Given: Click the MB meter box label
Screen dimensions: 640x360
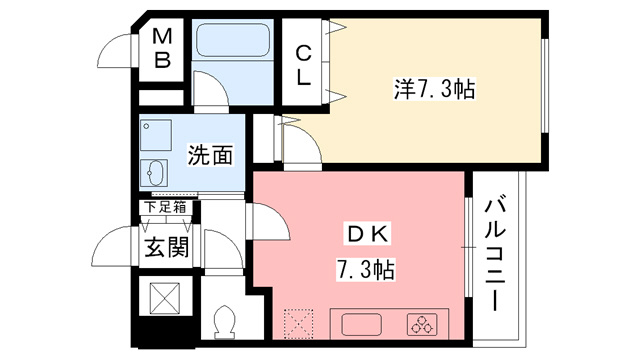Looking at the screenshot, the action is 162,49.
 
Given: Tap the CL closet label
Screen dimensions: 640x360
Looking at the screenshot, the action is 303,65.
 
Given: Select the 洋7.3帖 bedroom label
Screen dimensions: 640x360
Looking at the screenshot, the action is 434,89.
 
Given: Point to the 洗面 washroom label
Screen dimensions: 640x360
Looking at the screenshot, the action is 210,155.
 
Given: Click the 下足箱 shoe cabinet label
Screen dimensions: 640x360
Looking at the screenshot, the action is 166,207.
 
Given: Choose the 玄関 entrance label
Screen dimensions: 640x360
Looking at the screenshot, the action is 167,247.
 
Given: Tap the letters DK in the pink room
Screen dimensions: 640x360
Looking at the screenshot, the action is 368,234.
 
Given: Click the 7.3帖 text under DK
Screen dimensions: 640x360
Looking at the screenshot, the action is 365,269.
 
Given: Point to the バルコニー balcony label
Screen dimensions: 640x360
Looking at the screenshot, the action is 495,254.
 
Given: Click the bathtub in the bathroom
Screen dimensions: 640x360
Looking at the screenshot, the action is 233,40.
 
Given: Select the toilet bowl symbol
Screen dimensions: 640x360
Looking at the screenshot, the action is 224,321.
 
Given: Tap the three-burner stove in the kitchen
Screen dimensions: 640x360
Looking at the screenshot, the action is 423,324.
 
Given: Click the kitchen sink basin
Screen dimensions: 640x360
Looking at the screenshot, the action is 361,324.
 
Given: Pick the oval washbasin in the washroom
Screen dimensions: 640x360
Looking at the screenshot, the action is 153,173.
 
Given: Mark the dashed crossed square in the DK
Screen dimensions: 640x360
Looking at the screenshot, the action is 299,324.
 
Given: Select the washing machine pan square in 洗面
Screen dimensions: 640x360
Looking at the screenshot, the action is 156,135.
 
